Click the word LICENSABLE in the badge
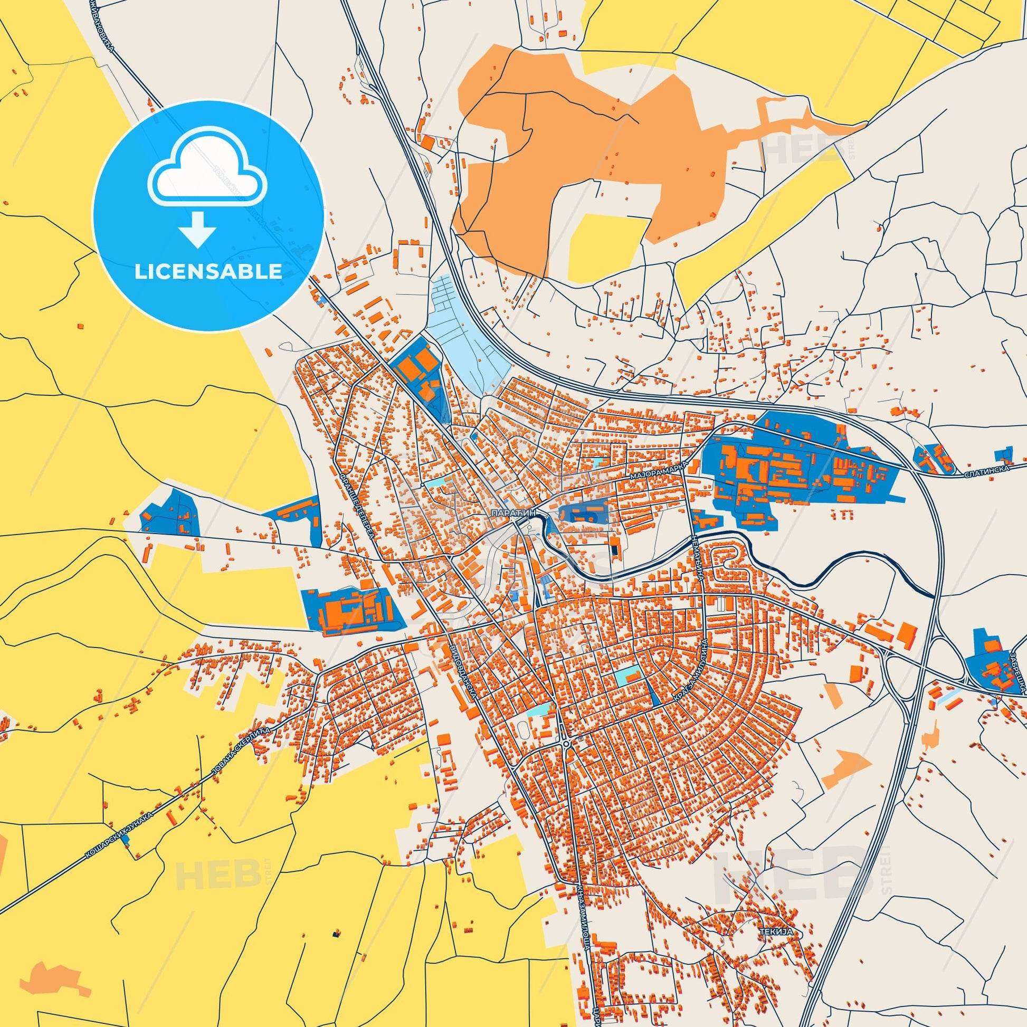coord(208,271)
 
